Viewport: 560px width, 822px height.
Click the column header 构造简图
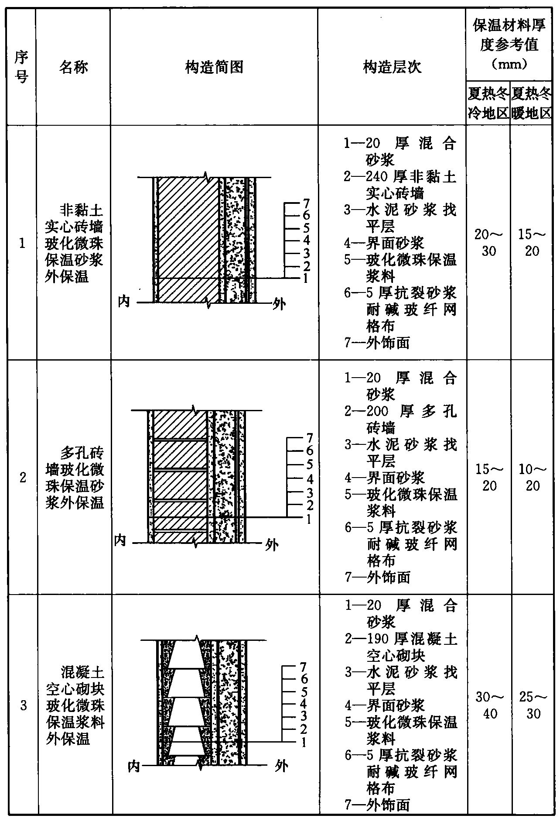pyautogui.click(x=214, y=67)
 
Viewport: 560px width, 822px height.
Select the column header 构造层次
pyautogui.click(x=392, y=67)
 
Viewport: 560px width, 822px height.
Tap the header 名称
pyautogui.click(x=73, y=67)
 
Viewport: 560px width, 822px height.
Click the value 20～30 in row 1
pyautogui.click(x=488, y=243)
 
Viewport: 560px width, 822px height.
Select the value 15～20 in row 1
pyautogui.click(x=532, y=243)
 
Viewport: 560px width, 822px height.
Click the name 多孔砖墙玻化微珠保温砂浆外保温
pyautogui.click(x=75, y=478)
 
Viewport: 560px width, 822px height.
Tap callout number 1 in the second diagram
pyautogui.click(x=309, y=519)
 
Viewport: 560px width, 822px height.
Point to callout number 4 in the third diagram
pyautogui.click(x=304, y=704)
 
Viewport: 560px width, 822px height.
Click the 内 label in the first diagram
pyautogui.click(x=124, y=301)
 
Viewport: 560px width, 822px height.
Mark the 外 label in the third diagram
pyautogui.click(x=282, y=766)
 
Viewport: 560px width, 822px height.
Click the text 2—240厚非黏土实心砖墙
pyautogui.click(x=400, y=185)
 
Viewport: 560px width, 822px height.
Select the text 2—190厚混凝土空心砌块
pyautogui.click(x=401, y=647)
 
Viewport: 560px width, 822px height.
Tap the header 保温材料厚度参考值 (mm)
pyautogui.click(x=509, y=45)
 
